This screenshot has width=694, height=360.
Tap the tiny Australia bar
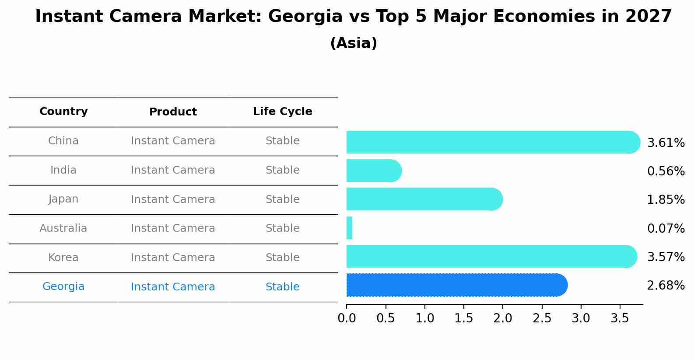tap(349, 228)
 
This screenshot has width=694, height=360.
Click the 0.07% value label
tap(666, 228)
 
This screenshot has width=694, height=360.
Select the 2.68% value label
tap(666, 286)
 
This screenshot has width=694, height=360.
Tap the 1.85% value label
tap(666, 200)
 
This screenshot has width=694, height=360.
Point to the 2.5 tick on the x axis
tap(542, 318)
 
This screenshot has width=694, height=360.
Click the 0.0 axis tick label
tap(347, 318)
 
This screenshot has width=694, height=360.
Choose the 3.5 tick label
tap(620, 318)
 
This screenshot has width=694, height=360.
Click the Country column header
tap(63, 112)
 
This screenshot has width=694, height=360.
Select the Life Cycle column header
tap(282, 112)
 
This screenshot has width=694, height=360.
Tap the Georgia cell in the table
tap(63, 287)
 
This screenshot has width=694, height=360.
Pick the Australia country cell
tap(63, 228)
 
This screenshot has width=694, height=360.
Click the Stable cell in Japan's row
tap(282, 199)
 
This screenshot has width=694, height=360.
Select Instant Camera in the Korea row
tap(173, 258)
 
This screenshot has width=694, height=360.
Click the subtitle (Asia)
tap(354, 43)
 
